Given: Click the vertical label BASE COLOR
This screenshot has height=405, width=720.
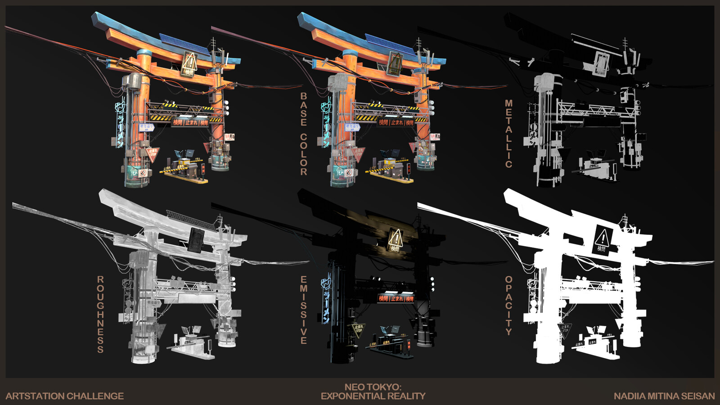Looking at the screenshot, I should pos(304,134).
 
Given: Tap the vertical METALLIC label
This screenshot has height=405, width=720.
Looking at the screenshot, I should pos(508,134).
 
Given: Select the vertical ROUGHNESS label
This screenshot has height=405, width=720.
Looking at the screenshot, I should pos(100,314).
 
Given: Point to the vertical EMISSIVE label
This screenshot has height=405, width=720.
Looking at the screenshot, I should pos(304,310).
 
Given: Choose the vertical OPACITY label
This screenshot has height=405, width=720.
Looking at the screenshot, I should pos(508,306).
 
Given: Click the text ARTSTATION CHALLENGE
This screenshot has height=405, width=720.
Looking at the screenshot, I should pos(65,396).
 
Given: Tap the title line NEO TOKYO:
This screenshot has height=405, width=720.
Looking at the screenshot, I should pos(373,387).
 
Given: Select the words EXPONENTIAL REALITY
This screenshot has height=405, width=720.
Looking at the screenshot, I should pos(373,396).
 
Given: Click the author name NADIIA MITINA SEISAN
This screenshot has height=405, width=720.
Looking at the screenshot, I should pos(664,396).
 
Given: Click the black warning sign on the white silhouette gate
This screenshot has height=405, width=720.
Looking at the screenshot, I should pos(602,240).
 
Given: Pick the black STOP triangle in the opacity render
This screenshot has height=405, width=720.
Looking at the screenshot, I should pos(564,331).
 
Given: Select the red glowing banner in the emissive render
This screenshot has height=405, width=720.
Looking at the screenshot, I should pos(396,298).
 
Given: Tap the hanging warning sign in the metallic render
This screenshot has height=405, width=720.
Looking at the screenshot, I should pos(600,62).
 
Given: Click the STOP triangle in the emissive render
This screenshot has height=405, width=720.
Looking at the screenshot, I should pos(358,330).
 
